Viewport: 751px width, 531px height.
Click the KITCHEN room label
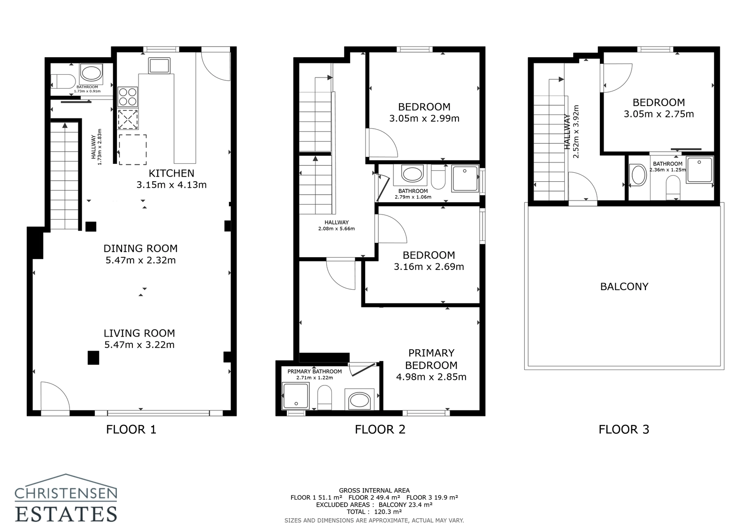tap(171, 173)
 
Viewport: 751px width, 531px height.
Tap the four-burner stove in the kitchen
tap(128, 97)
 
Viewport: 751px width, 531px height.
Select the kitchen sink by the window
tap(160, 65)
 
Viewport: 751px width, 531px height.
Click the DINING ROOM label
tap(140, 248)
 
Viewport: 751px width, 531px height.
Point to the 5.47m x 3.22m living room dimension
tap(139, 345)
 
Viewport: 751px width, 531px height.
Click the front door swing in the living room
tap(54, 397)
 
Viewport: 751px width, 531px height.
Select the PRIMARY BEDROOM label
tap(431, 359)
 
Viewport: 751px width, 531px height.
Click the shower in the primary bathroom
tap(296, 396)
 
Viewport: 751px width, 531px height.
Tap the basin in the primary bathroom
tap(360, 400)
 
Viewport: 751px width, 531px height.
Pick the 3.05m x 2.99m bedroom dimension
tap(424, 119)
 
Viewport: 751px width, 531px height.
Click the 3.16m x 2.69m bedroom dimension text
tap(429, 267)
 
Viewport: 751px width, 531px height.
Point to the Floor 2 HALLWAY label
tap(337, 223)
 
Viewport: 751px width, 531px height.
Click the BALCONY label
tap(624, 286)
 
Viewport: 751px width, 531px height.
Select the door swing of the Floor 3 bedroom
tap(617, 77)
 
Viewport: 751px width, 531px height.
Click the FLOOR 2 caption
tap(380, 429)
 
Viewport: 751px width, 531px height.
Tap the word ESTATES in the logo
tap(66, 513)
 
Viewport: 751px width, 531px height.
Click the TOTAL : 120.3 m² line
tap(374, 512)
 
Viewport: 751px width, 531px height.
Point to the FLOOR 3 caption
tap(624, 429)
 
